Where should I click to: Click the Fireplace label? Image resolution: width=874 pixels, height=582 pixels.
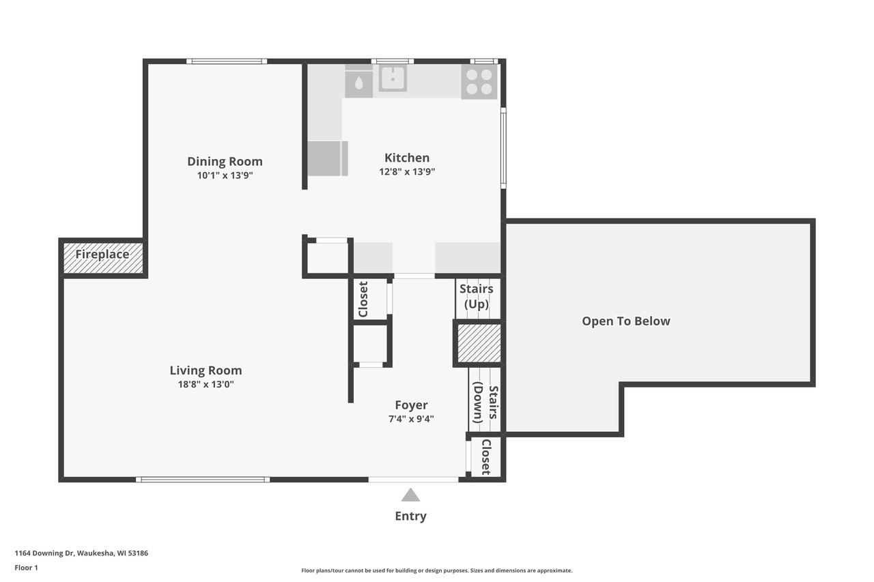pyautogui.click(x=102, y=254)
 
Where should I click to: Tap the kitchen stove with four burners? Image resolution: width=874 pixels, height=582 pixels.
pyautogui.click(x=479, y=82)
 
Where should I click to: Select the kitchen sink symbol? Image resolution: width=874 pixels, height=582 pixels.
pyautogui.click(x=393, y=78)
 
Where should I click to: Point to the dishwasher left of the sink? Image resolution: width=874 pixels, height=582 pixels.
pyautogui.click(x=358, y=82)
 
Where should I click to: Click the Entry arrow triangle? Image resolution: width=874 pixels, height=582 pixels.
pyautogui.click(x=410, y=495)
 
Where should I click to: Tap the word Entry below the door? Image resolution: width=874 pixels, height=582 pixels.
pyautogui.click(x=410, y=516)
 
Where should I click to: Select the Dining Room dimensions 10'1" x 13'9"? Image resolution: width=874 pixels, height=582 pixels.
pyautogui.click(x=225, y=175)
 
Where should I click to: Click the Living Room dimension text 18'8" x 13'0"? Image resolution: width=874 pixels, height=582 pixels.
pyautogui.click(x=206, y=384)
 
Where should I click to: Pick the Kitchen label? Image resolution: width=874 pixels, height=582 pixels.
pyautogui.click(x=407, y=158)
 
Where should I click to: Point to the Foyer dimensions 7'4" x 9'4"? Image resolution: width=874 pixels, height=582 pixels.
pyautogui.click(x=411, y=419)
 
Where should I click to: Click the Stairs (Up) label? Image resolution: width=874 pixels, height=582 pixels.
pyautogui.click(x=477, y=296)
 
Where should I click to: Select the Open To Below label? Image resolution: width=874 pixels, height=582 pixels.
pyautogui.click(x=625, y=321)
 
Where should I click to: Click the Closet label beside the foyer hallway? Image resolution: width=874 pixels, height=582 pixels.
pyautogui.click(x=363, y=299)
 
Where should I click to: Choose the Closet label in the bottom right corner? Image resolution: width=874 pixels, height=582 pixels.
pyautogui.click(x=485, y=456)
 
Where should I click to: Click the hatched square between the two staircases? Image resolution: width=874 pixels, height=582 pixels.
pyautogui.click(x=479, y=343)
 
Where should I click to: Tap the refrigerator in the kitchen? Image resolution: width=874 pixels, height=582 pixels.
pyautogui.click(x=327, y=158)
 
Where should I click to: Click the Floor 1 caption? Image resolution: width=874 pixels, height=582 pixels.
pyautogui.click(x=26, y=567)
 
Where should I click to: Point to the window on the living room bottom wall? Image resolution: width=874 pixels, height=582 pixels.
pyautogui.click(x=203, y=480)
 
